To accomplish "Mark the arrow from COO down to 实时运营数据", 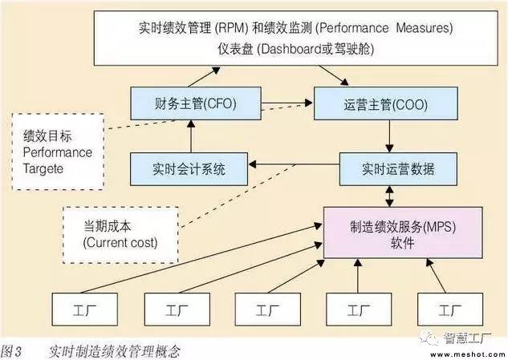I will pos(388,136).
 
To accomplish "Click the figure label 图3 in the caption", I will pos(14,350).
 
